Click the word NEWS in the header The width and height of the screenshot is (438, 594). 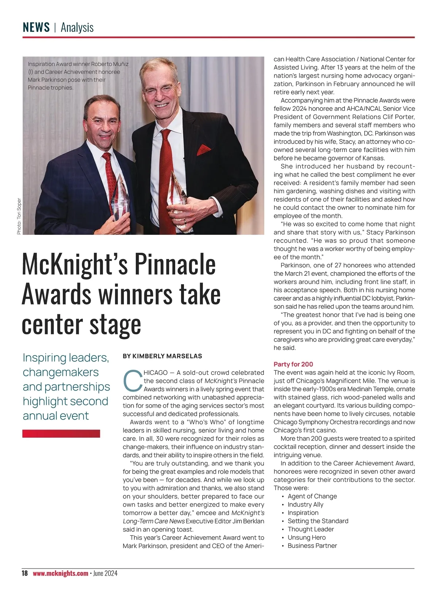(36, 27)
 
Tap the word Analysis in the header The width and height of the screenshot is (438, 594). (77, 27)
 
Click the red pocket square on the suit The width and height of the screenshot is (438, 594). (204, 149)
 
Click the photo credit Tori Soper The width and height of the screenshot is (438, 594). (19, 216)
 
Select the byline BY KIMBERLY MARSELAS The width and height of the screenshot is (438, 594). (162, 356)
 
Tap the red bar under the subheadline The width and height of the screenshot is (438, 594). (61, 434)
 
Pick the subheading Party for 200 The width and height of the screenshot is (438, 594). (293, 364)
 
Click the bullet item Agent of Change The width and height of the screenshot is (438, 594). (312, 496)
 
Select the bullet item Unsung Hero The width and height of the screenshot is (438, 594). (307, 537)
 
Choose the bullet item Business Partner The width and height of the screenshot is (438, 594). (312, 546)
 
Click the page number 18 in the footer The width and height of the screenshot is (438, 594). (24, 573)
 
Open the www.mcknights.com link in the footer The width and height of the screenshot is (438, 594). (60, 573)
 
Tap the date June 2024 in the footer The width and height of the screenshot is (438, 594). (105, 573)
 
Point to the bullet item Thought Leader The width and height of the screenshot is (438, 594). (311, 529)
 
